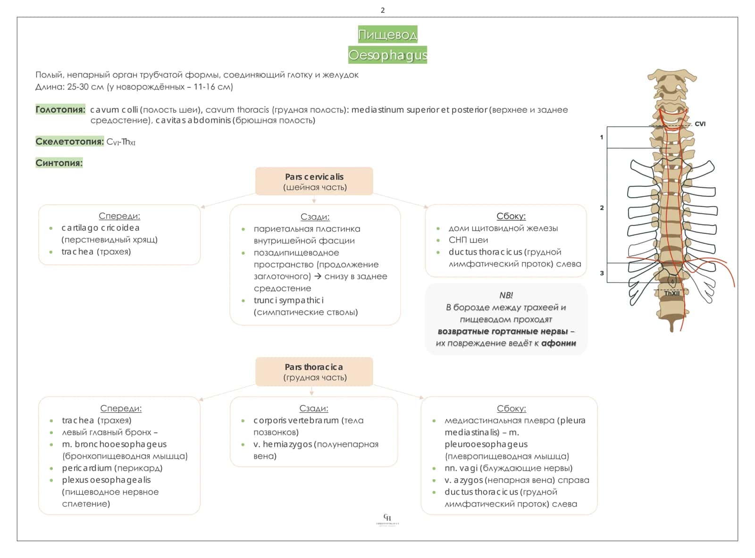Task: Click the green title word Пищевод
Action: pyautogui.click(x=387, y=34)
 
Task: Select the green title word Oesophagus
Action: pyautogui.click(x=387, y=55)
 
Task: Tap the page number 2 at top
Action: pyautogui.click(x=383, y=10)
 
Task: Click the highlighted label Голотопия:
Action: pyautogui.click(x=60, y=109)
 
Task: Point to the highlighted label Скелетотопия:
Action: pyautogui.click(x=69, y=141)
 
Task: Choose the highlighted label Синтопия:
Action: pyautogui.click(x=59, y=163)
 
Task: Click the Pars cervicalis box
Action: pyautogui.click(x=314, y=181)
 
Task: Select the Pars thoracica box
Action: pyautogui.click(x=314, y=372)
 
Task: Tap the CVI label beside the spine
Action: pyautogui.click(x=700, y=124)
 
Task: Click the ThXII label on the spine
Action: pyautogui.click(x=671, y=293)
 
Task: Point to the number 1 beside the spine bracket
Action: pyautogui.click(x=602, y=137)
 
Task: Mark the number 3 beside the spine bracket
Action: pyautogui.click(x=602, y=273)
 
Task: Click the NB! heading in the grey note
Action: pyautogui.click(x=506, y=295)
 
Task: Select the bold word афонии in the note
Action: pyautogui.click(x=559, y=343)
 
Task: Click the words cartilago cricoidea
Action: pyautogui.click(x=101, y=228)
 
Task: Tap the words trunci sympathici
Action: pyautogui.click(x=289, y=300)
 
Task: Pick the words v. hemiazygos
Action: pyautogui.click(x=283, y=444)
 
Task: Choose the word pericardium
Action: pyautogui.click(x=87, y=468)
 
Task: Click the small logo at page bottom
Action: pyautogui.click(x=387, y=519)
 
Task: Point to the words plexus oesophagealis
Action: pyautogui.click(x=106, y=480)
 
